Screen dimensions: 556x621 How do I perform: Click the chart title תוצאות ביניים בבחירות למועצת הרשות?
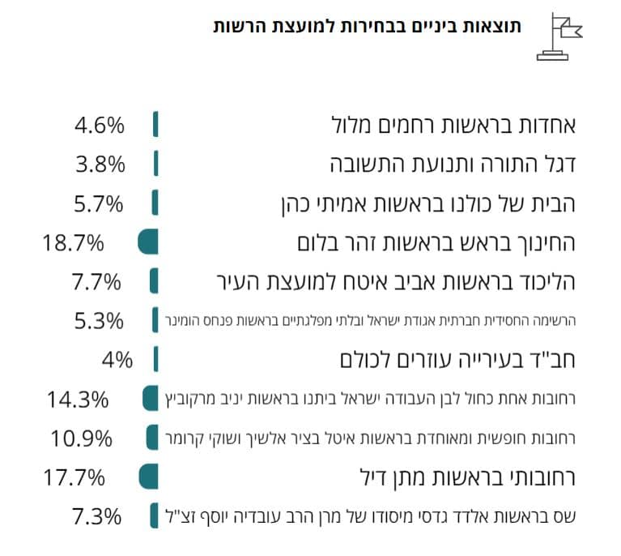pyautogui.click(x=368, y=27)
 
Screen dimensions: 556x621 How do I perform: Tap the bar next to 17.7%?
pyautogui.click(x=148, y=477)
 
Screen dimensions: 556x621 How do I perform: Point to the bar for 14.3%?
pyautogui.click(x=150, y=399)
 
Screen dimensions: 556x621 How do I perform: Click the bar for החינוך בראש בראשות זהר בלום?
pyautogui.click(x=148, y=242)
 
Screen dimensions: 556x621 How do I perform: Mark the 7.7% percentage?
pyautogui.click(x=96, y=282)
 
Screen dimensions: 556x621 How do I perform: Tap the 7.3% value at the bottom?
pyautogui.click(x=96, y=515)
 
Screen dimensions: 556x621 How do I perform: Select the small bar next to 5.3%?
pyautogui.click(x=153, y=320)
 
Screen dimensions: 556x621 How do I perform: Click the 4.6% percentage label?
pyautogui.click(x=100, y=126)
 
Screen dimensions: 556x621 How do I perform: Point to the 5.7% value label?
pyautogui.click(x=98, y=203)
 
